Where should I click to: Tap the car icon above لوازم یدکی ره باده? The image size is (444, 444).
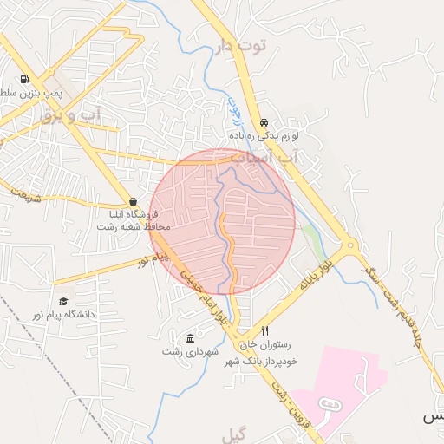click(264, 122)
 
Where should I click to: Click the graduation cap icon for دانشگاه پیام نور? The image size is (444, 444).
click(63, 301)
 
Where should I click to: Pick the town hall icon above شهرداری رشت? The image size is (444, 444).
click(191, 337)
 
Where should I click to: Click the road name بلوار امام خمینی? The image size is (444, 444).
click(202, 296)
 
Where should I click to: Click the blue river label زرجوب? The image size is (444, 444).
click(232, 111)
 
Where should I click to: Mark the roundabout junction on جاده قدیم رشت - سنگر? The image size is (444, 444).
click(351, 246)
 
